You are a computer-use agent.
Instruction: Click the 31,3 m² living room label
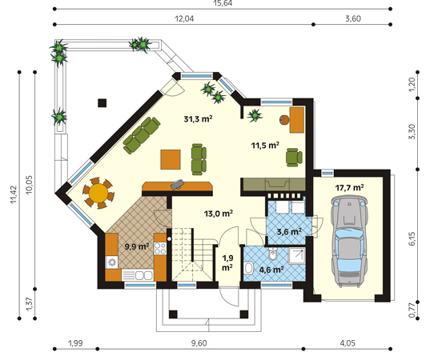coord(198,119)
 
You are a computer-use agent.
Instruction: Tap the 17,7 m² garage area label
coord(349,188)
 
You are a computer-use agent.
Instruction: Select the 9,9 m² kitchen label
coord(137,246)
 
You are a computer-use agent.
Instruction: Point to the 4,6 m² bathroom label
coord(271,270)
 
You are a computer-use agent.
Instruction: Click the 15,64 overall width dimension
coord(223,3)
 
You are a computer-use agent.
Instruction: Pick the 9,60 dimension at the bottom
coord(199,343)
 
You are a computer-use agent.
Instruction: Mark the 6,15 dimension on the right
coord(412,238)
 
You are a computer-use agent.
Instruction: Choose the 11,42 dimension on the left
coord(14,194)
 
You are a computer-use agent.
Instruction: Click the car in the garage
coord(349,242)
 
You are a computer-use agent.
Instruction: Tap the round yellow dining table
coord(98,193)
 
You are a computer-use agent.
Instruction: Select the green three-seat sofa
coord(142,135)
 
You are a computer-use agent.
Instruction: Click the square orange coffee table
coord(171,159)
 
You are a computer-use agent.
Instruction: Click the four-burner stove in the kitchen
coord(160,249)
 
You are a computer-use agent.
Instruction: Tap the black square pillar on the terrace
coord(102,102)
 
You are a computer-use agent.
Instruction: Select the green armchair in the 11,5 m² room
coord(294,158)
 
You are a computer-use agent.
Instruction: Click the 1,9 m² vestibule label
coord(227,262)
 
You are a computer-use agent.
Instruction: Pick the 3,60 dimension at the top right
coord(353,18)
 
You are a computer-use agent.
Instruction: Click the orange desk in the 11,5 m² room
coord(297,120)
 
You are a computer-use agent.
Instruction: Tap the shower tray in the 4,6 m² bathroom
coord(297,256)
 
